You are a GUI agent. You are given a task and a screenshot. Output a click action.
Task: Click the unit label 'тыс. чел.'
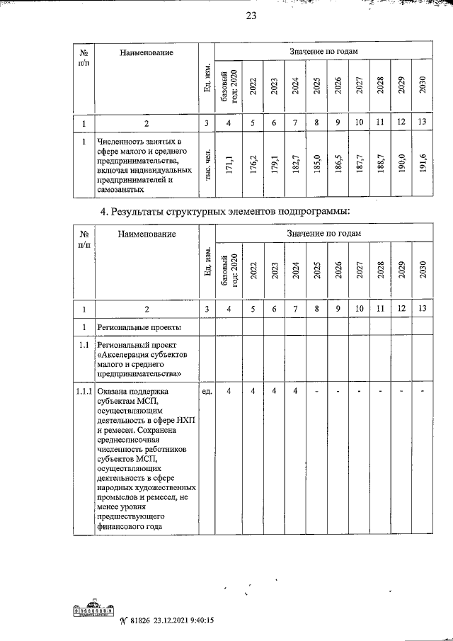click(x=206, y=167)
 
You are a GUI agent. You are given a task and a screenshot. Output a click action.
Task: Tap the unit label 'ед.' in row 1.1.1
click(x=207, y=391)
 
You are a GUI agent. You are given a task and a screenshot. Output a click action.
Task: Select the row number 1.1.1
click(x=84, y=391)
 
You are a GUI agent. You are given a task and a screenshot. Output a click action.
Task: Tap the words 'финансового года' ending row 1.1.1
click(x=130, y=526)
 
